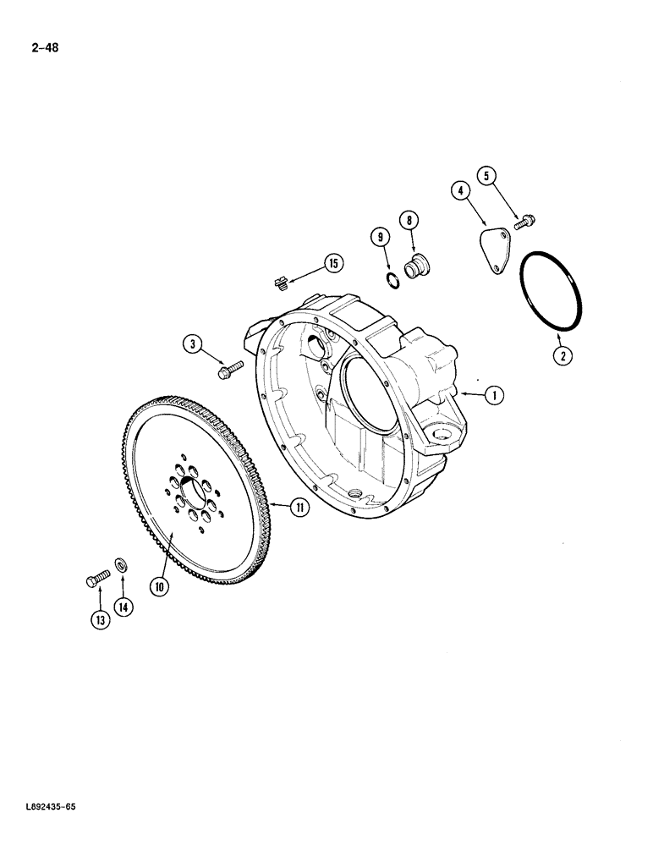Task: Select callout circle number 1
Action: [x=497, y=393]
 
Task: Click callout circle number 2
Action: [x=560, y=355]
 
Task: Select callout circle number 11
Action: [x=299, y=508]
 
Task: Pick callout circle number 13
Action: [x=100, y=620]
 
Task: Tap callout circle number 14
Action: [x=125, y=607]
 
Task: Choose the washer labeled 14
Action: [x=122, y=564]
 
